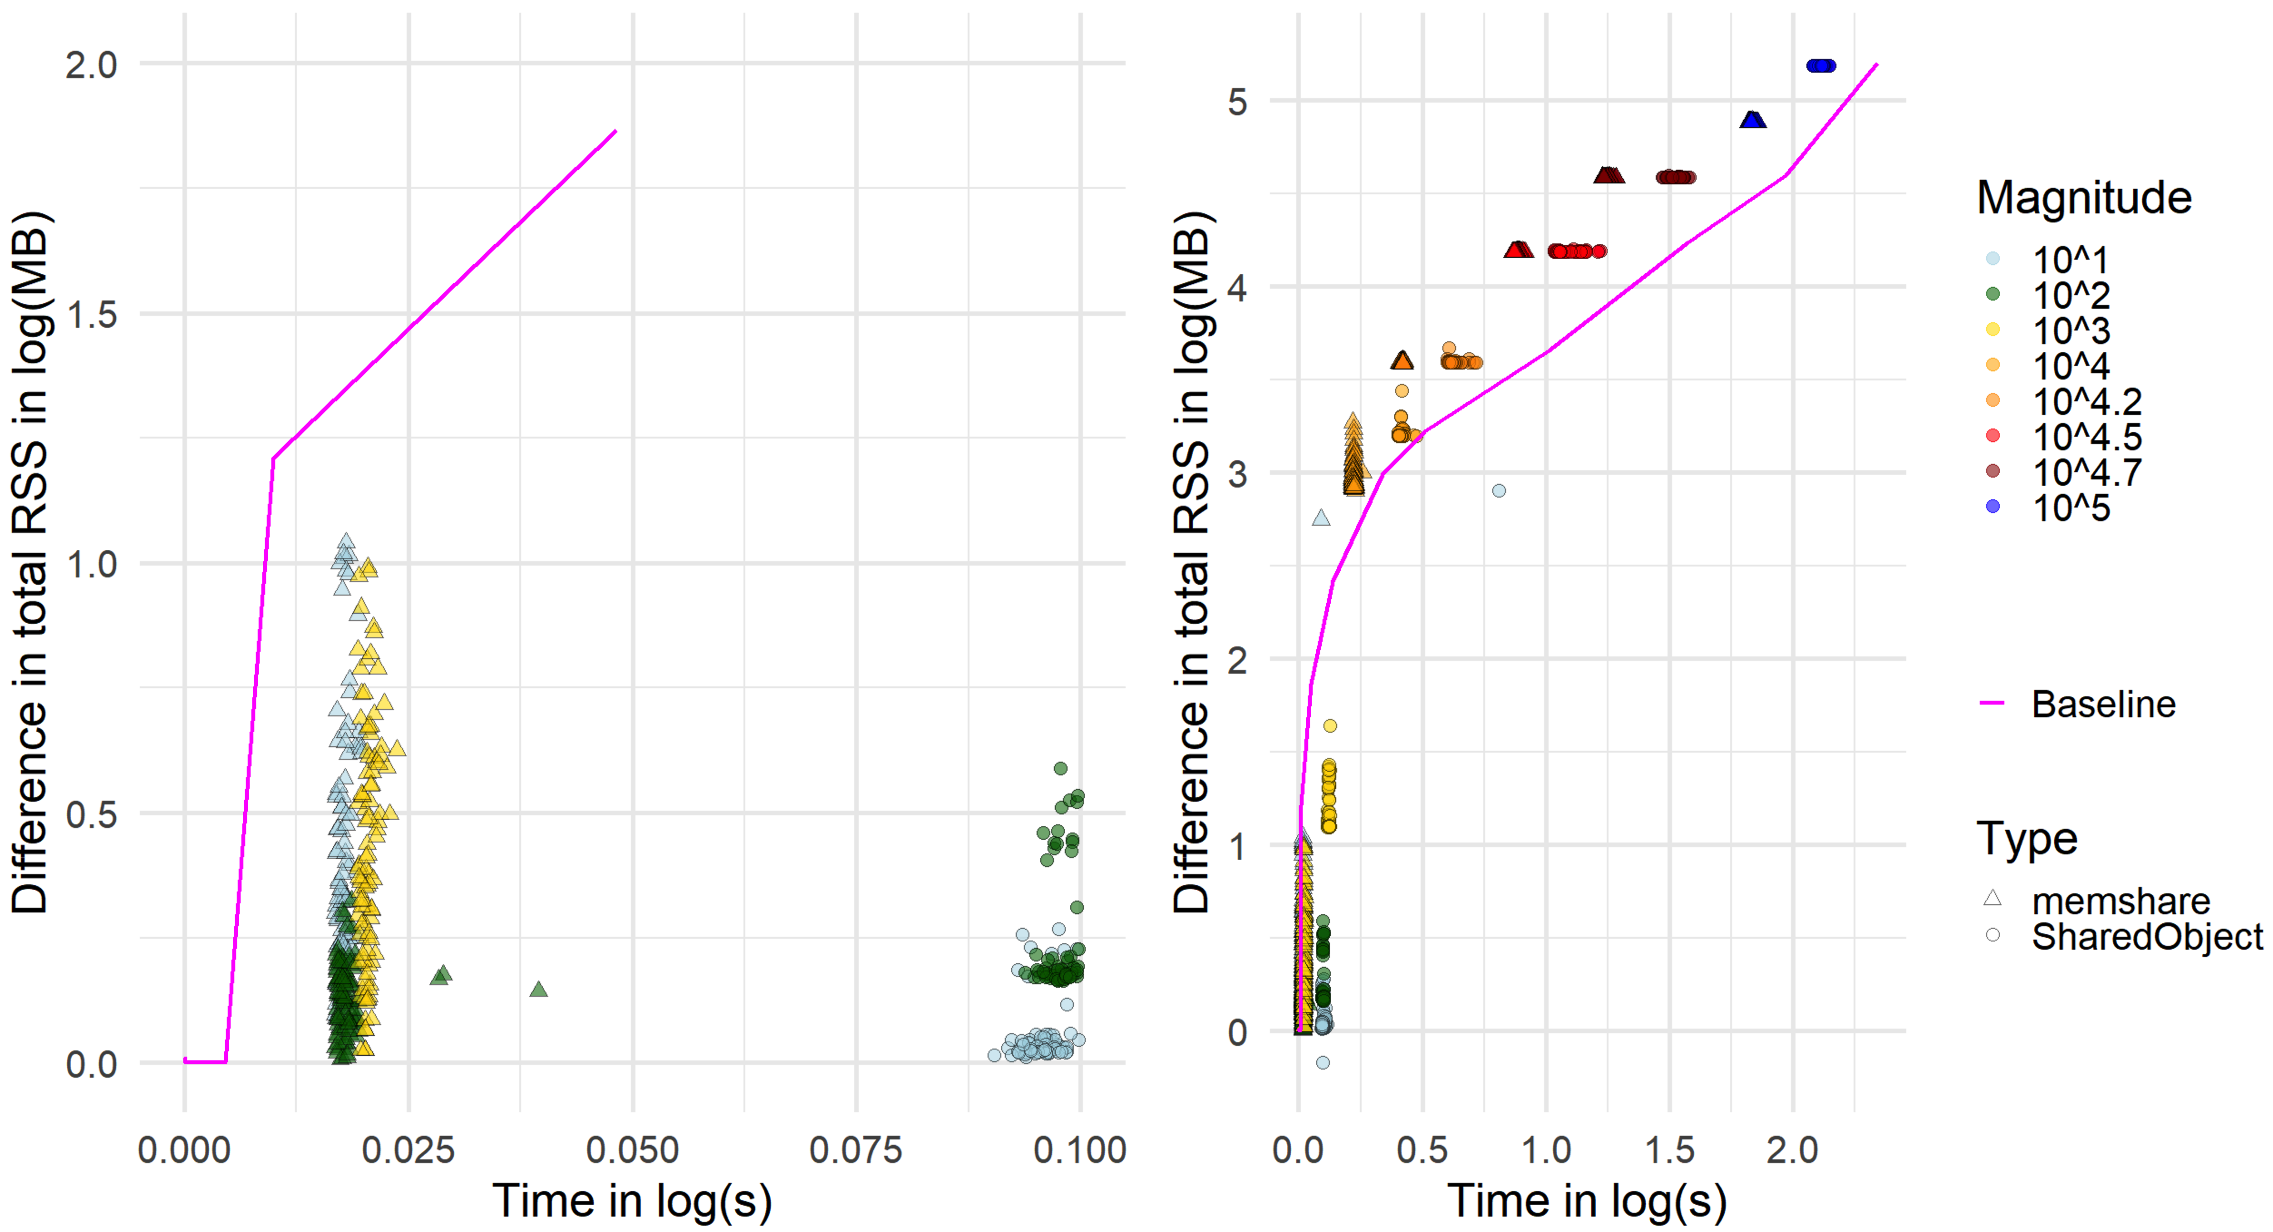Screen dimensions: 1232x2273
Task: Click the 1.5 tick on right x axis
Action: click(x=1669, y=1150)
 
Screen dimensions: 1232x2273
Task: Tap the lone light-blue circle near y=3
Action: click(x=1498, y=491)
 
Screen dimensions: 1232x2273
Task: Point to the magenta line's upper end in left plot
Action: click(x=615, y=132)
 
